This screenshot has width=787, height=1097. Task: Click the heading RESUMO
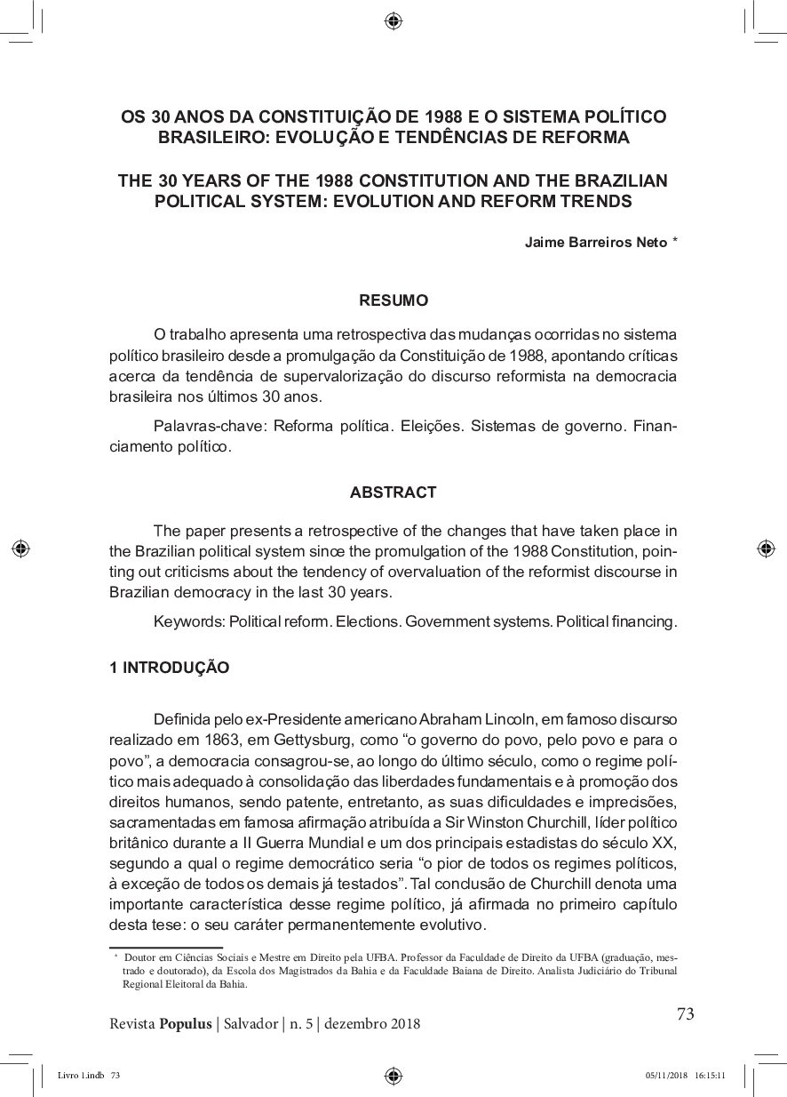point(393,300)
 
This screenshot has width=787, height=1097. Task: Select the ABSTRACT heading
point(393,492)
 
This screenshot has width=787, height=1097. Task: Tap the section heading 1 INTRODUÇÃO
point(169,668)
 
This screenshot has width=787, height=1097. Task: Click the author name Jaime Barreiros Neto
point(595,242)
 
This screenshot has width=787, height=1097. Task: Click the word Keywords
point(189,621)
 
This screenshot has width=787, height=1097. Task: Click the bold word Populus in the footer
point(186,1023)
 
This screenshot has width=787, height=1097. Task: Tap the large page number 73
point(685,1013)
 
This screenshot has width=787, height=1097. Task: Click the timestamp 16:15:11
point(711,1075)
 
